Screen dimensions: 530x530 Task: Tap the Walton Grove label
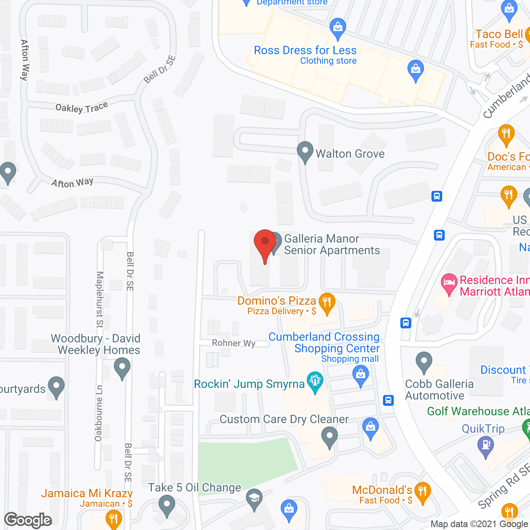pyautogui.click(x=350, y=154)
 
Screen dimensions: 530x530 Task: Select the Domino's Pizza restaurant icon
pyautogui.click(x=327, y=303)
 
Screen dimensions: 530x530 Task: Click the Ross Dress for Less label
pyautogui.click(x=305, y=51)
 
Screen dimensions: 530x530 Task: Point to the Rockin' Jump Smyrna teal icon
pyautogui.click(x=315, y=383)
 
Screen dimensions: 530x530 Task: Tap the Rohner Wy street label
pyautogui.click(x=234, y=343)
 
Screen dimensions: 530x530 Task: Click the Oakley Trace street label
pyautogui.click(x=82, y=108)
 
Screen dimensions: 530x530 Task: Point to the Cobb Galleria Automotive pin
pyautogui.click(x=424, y=362)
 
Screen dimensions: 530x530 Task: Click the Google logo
pyautogui.click(x=28, y=520)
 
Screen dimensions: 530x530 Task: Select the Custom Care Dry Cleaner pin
pyautogui.click(x=330, y=437)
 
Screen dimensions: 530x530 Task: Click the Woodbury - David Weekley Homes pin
pyautogui.click(x=122, y=368)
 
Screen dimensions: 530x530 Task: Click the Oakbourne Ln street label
pyautogui.click(x=99, y=413)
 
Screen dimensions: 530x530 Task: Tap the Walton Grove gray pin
pyautogui.click(x=305, y=152)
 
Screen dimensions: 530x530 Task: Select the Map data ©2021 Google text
pyautogui.click(x=479, y=524)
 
